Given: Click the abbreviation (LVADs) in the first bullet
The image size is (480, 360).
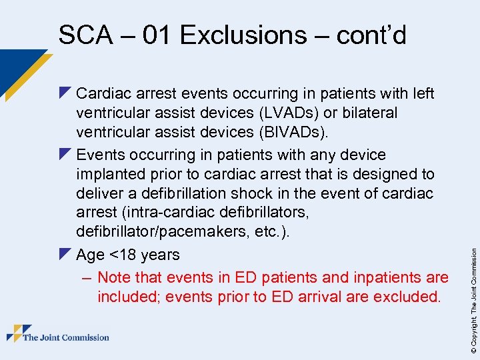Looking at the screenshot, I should [295, 113].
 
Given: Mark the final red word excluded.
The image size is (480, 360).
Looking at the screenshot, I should [407, 297].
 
